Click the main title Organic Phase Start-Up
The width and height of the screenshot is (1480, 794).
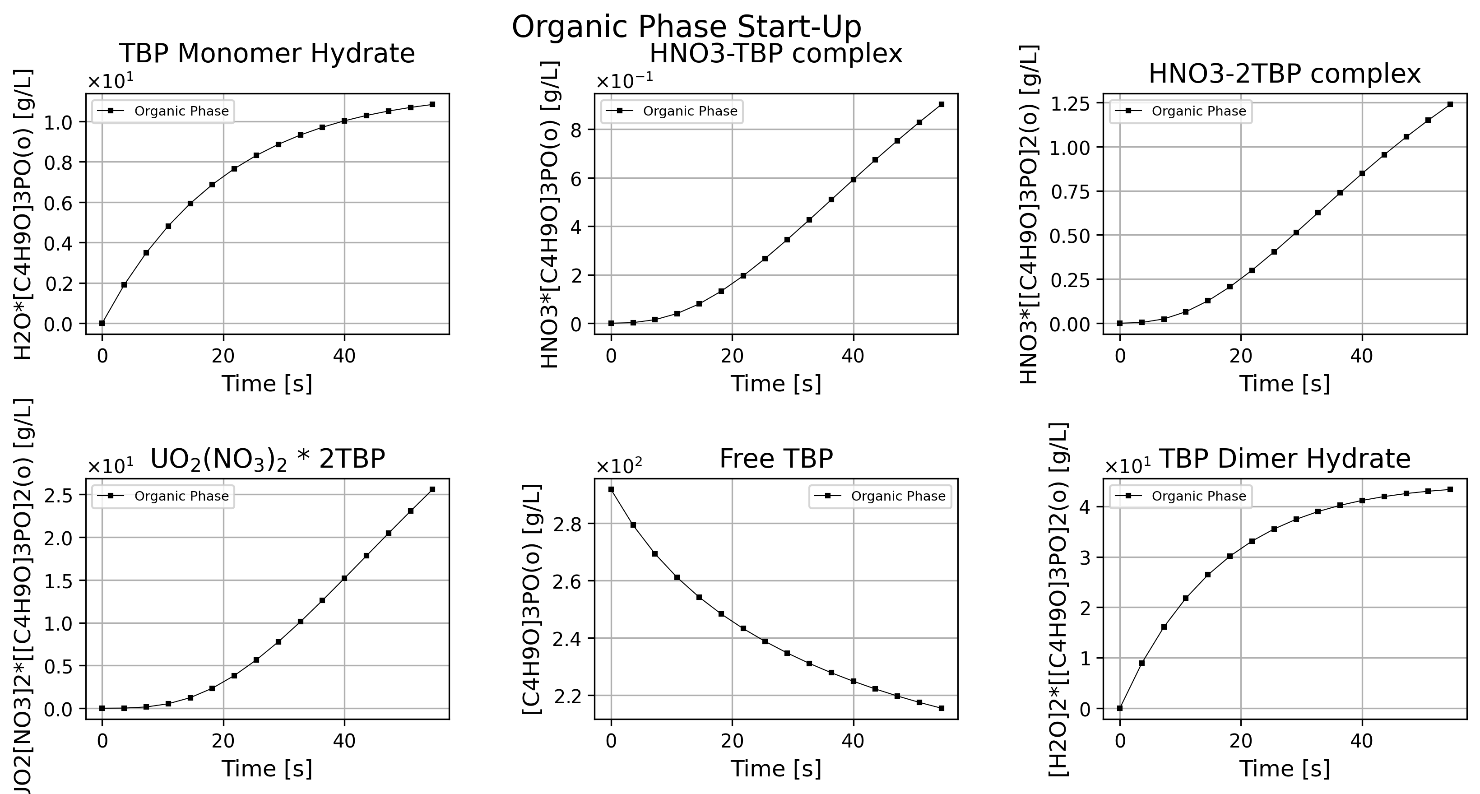click(x=686, y=28)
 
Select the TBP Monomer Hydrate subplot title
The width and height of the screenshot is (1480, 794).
click(x=267, y=54)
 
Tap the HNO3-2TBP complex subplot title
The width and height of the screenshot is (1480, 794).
click(x=1285, y=74)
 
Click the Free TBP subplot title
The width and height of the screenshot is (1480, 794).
click(x=776, y=459)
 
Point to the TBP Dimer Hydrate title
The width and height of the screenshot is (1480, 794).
click(x=1285, y=459)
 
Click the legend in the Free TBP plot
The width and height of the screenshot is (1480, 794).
click(x=880, y=497)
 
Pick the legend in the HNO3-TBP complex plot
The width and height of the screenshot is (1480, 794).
click(x=672, y=111)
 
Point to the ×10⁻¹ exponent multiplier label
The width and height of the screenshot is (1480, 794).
click(x=625, y=82)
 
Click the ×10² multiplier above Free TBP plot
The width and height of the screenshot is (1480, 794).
click(x=619, y=467)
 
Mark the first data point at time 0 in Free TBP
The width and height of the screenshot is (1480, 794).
click(x=611, y=489)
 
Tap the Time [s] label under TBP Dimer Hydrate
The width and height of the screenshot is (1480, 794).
click(x=1285, y=769)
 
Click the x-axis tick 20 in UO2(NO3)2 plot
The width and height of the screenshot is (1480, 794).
click(x=223, y=741)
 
